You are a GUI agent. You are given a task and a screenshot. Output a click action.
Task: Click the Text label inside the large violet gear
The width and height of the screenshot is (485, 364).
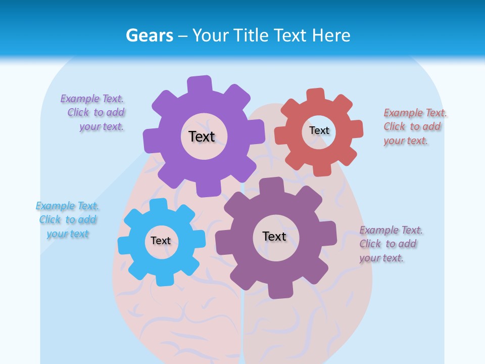(x=202, y=136)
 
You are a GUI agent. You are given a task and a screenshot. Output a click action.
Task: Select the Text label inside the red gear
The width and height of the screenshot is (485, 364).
(x=319, y=130)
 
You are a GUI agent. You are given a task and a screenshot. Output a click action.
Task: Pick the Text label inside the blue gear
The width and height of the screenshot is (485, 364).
(x=161, y=241)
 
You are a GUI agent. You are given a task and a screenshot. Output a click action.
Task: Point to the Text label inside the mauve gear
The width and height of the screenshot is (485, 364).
(x=274, y=236)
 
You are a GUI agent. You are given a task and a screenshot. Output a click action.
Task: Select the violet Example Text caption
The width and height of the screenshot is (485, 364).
(x=93, y=113)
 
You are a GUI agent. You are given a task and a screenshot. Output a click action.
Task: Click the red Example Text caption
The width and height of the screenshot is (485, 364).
(x=415, y=126)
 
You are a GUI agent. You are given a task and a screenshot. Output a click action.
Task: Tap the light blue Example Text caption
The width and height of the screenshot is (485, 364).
(x=67, y=220)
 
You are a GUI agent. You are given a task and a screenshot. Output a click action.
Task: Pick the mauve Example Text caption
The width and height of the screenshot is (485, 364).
(x=391, y=244)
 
